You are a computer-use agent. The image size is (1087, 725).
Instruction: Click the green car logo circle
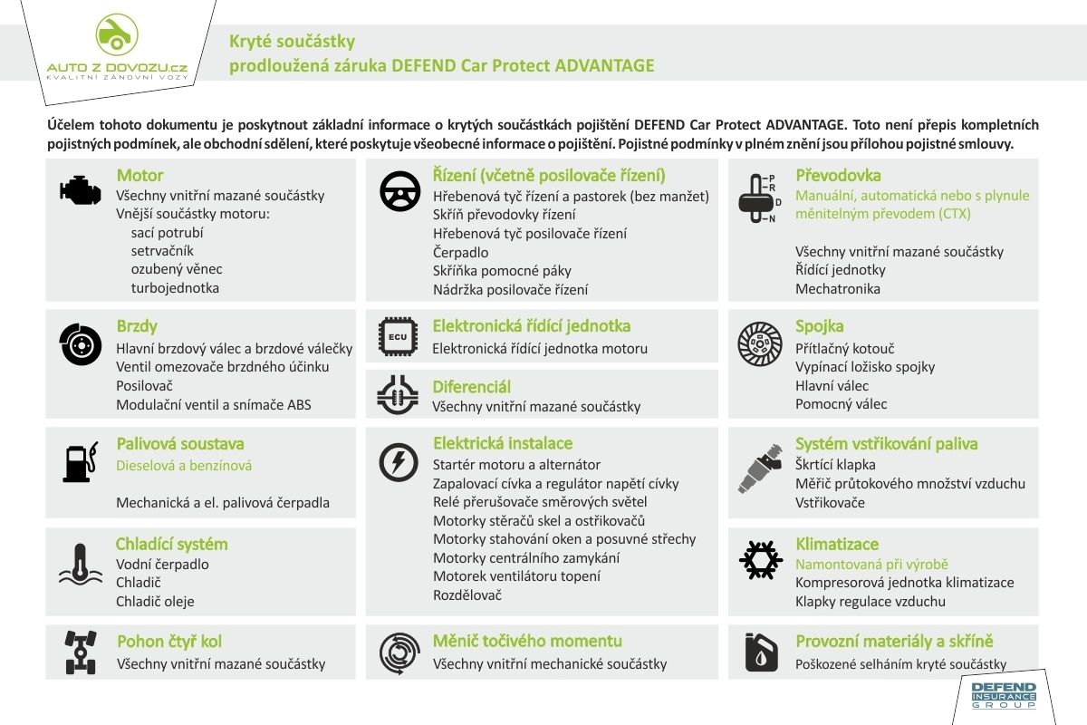tap(116, 34)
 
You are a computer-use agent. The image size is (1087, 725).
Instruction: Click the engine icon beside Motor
tap(81, 188)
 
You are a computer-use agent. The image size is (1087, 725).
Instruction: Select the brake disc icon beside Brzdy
tap(81, 345)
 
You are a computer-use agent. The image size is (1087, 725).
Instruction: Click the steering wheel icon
tap(399, 191)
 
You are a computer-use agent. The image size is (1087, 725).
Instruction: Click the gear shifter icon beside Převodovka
tap(758, 198)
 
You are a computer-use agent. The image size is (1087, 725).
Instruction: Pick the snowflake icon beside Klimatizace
tap(760, 560)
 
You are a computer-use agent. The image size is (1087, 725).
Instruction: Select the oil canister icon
tap(761, 652)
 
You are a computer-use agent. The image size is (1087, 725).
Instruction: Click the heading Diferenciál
tap(471, 387)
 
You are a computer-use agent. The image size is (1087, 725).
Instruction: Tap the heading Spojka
tap(819, 325)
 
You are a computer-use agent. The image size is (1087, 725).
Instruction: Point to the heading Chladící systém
tap(171, 544)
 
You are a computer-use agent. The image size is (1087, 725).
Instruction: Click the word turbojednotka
tap(175, 288)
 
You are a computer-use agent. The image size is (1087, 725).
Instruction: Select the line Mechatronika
tap(837, 289)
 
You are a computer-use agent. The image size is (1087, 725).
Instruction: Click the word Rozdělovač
tap(467, 595)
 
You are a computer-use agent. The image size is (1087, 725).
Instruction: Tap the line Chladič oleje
tap(155, 601)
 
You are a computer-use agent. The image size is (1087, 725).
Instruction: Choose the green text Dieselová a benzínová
tap(184, 466)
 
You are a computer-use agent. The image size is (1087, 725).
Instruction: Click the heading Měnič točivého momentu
tap(527, 642)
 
